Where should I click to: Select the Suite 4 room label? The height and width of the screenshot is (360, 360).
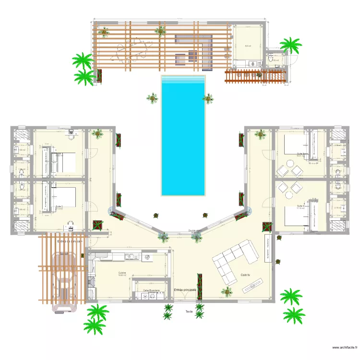301,206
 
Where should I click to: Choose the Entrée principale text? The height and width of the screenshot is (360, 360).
185,290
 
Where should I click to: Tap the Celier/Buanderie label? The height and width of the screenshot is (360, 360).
151,290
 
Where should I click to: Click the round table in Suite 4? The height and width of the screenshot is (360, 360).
289,194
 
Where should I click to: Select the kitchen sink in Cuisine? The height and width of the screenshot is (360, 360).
129,256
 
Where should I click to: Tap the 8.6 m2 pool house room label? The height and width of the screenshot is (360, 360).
248,46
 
